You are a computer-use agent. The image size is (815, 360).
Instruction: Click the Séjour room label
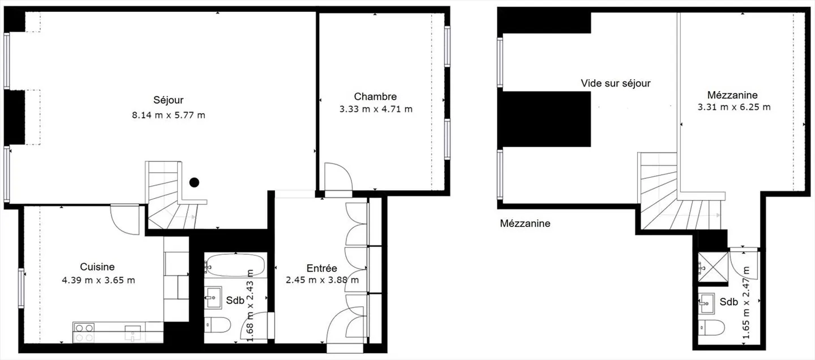(168, 100)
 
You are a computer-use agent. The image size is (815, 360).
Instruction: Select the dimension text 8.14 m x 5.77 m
(168, 115)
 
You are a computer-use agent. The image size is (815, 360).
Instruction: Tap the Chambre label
(375, 96)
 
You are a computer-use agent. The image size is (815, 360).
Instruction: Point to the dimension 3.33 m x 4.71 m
(376, 109)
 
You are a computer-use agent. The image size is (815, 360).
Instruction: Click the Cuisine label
(97, 267)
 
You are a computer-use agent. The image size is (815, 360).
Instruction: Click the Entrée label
(321, 268)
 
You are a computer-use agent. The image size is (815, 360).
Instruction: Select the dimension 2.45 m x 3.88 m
(322, 280)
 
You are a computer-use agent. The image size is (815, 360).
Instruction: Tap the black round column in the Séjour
(194, 182)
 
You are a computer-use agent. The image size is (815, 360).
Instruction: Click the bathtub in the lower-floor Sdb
(234, 264)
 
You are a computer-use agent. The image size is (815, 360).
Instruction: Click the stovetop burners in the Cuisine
(84, 332)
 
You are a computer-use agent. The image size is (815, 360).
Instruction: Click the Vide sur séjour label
(616, 83)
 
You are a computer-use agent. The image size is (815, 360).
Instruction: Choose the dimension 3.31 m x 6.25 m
(734, 107)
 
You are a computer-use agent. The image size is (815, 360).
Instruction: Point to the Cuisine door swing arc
(123, 219)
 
